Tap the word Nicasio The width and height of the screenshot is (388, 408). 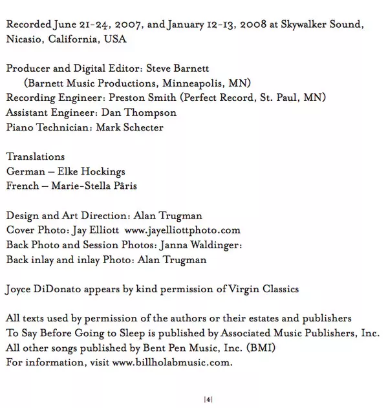tap(25, 39)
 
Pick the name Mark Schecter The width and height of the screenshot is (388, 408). tap(130, 127)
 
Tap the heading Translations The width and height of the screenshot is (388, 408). tap(36, 156)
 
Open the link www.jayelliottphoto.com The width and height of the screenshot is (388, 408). tap(182, 230)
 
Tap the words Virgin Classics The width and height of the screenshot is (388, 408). tap(261, 289)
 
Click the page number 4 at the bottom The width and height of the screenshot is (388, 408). tap(208, 400)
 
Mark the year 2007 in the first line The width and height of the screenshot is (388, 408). tap(127, 25)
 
